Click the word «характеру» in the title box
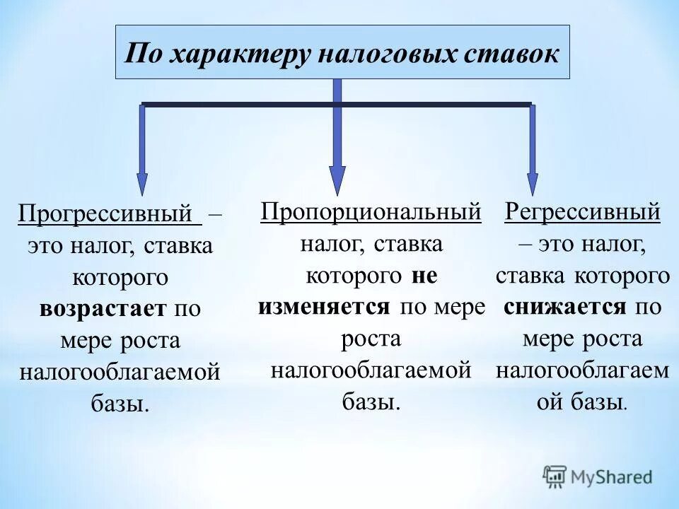click(x=238, y=54)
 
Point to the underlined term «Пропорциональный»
click(x=371, y=211)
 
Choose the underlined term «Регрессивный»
click(x=583, y=211)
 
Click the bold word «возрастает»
click(x=103, y=309)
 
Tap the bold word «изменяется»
click(x=325, y=306)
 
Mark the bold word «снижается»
click(x=565, y=307)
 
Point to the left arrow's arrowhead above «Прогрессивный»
click(x=142, y=182)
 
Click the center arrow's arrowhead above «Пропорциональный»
click(x=337, y=180)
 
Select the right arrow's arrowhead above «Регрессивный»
click(x=532, y=182)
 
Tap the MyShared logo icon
click(x=556, y=476)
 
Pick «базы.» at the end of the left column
click(x=120, y=404)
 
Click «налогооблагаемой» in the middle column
click(x=371, y=370)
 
